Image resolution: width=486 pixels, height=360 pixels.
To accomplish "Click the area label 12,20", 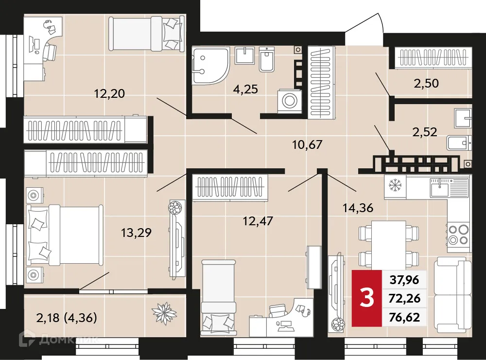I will (x=110, y=94).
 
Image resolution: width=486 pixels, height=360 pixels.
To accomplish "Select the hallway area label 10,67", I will (x=307, y=144).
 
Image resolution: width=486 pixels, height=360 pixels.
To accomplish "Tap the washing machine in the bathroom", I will (x=290, y=101).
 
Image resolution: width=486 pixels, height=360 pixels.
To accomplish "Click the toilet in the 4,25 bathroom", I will (x=266, y=59).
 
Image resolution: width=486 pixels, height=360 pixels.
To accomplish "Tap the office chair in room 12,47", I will (x=278, y=311).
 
